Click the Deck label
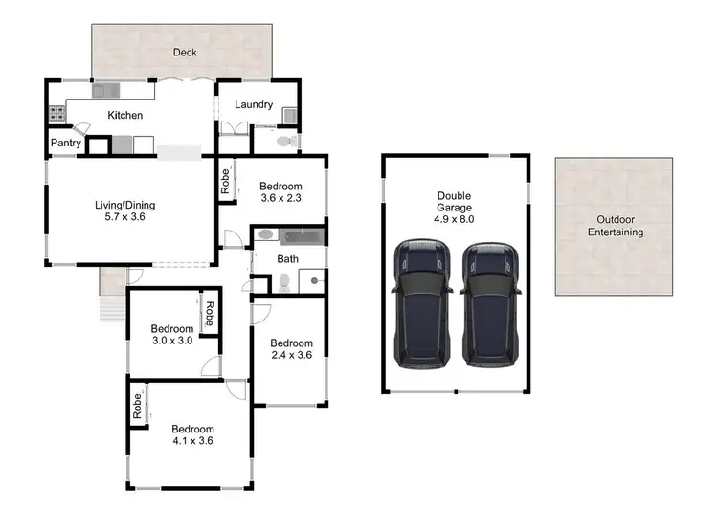(x=185, y=53)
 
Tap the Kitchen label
(x=124, y=116)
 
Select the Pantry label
(x=66, y=144)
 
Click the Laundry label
(x=254, y=105)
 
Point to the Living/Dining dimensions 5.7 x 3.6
(x=124, y=217)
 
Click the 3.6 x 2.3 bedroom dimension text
(x=281, y=199)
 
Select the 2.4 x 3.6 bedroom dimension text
(x=291, y=356)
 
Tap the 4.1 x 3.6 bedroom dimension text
(x=192, y=441)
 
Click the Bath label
(x=288, y=258)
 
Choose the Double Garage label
(x=456, y=202)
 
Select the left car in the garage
(x=422, y=304)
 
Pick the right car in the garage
(x=489, y=304)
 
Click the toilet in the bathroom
(x=284, y=282)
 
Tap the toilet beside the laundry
(x=283, y=143)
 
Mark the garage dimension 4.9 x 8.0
(x=456, y=220)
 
